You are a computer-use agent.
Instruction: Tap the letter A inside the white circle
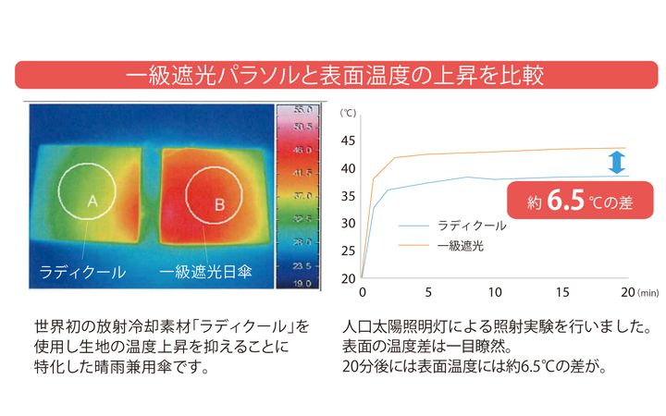(x=92, y=201)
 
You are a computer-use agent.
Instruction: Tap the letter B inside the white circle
(x=219, y=204)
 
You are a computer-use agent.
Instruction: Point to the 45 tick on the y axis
(x=348, y=141)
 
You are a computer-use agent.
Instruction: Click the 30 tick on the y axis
(x=348, y=223)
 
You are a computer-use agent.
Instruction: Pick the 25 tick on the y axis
(x=348, y=251)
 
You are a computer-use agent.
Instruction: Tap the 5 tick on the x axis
(x=428, y=293)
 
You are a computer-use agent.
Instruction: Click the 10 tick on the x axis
(x=495, y=293)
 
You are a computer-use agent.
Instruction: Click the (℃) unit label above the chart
(x=348, y=114)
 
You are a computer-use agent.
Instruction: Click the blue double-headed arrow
(x=616, y=163)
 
